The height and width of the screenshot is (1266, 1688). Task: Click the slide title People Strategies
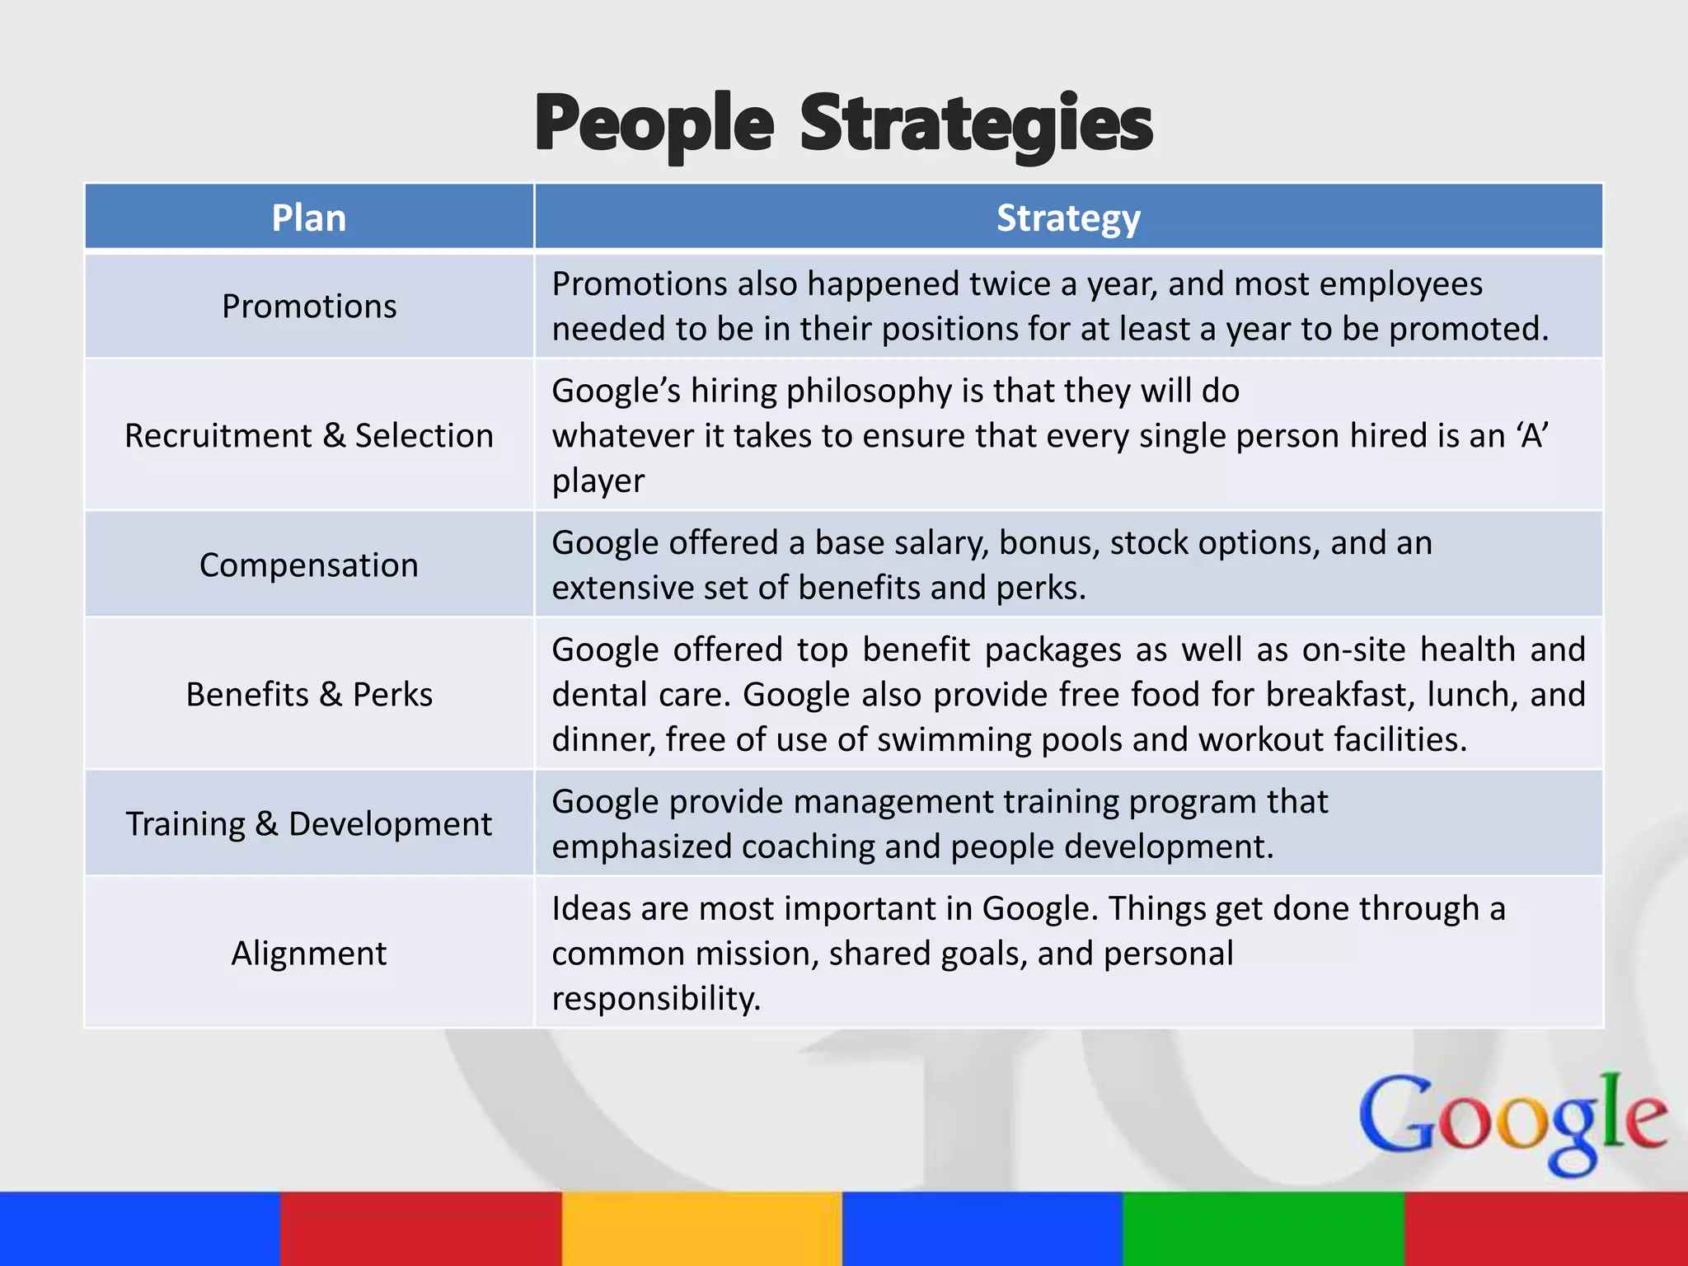click(x=843, y=124)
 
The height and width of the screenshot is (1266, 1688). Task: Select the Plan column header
click(x=309, y=218)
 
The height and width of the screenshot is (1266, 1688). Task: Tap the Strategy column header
click(x=1068, y=218)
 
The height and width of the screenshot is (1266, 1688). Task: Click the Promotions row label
click(x=309, y=306)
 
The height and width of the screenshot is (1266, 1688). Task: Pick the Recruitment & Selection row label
click(x=309, y=435)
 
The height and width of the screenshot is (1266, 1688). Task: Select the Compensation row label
click(x=309, y=565)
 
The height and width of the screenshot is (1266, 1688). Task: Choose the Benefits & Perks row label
click(x=309, y=694)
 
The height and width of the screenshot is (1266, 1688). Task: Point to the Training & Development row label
click(x=309, y=823)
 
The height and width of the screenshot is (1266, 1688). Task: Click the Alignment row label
click(x=309, y=953)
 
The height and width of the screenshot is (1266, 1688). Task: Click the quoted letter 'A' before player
click(x=1532, y=435)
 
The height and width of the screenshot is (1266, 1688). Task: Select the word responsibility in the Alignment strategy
click(x=656, y=998)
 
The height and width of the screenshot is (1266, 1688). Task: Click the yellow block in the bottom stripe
click(x=702, y=1228)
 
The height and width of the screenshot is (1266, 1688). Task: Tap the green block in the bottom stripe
click(x=1264, y=1228)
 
